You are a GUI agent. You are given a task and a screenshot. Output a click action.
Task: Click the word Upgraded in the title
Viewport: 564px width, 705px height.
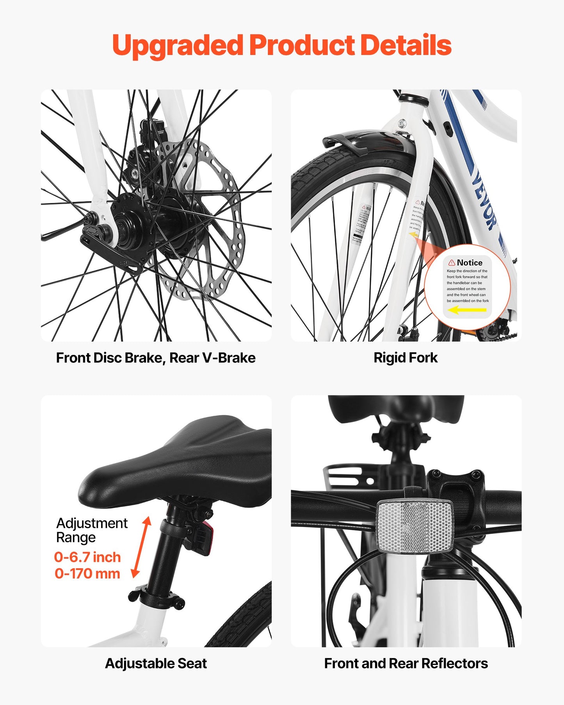178,46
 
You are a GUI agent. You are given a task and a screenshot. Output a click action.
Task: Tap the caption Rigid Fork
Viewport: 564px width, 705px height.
406,358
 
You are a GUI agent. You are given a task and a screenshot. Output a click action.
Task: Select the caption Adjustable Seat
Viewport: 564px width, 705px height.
156,663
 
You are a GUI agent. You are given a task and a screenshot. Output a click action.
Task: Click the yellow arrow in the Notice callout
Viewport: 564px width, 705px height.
467,310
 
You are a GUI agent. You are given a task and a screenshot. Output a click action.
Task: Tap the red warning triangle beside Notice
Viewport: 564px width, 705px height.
452,263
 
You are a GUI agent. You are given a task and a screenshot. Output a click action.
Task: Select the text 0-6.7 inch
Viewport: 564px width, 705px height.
87,557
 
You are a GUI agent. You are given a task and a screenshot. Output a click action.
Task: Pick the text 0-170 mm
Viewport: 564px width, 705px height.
87,573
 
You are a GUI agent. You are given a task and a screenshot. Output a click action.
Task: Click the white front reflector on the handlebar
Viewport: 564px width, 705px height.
415,527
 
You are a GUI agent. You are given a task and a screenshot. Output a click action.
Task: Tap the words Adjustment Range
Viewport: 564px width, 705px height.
91,530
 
